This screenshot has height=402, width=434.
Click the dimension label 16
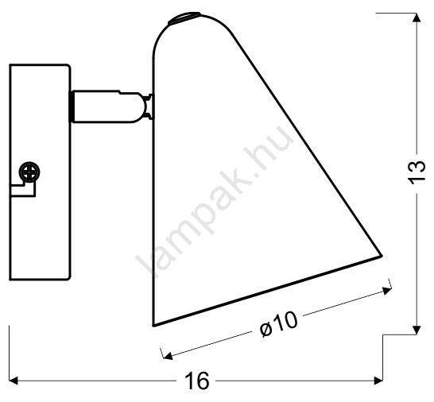[197, 381]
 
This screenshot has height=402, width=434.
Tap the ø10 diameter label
[279, 325]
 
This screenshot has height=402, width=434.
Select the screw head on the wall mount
[29, 172]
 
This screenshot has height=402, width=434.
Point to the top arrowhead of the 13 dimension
[417, 17]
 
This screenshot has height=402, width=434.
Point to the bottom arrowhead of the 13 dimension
[417, 330]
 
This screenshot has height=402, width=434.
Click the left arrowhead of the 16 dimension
[14, 381]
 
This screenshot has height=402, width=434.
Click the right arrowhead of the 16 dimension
[378, 381]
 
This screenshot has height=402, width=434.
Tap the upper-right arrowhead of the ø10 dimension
[387, 290]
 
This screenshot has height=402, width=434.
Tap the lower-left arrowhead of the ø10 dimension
[168, 355]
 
